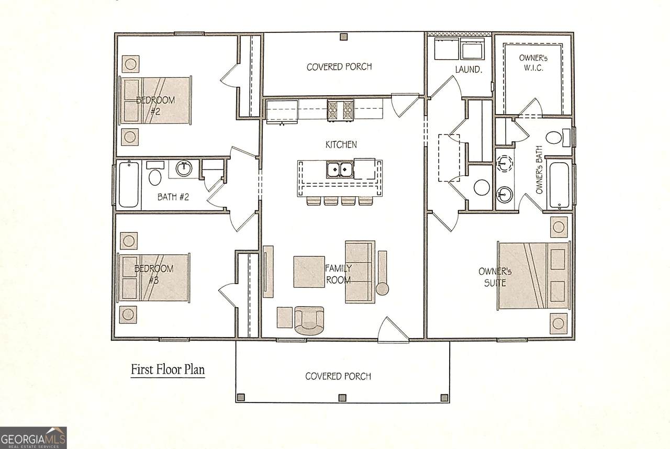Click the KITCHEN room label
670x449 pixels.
pyautogui.click(x=341, y=144)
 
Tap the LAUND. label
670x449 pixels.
pyautogui.click(x=468, y=70)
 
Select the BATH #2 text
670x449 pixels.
pyautogui.click(x=173, y=197)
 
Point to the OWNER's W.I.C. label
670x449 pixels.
pyautogui.click(x=533, y=63)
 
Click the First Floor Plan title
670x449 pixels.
pyautogui.click(x=168, y=369)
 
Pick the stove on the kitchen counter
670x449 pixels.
pyautogui.click(x=340, y=110)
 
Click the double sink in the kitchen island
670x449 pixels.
pyautogui.click(x=339, y=170)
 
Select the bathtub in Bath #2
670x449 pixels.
pyautogui.click(x=129, y=184)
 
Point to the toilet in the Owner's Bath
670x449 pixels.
pyautogui.click(x=558, y=138)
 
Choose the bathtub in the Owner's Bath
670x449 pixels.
pyautogui.click(x=559, y=186)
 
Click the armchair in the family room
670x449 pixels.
pyautogui.click(x=309, y=320)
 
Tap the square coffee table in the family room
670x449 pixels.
pyautogui.click(x=309, y=272)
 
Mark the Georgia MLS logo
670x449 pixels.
pyautogui.click(x=33, y=438)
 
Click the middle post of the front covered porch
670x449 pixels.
pyautogui.click(x=342, y=398)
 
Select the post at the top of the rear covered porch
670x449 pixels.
pyautogui.click(x=344, y=37)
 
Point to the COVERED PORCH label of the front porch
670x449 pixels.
pyautogui.click(x=338, y=376)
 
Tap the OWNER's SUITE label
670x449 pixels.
pyautogui.click(x=495, y=277)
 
